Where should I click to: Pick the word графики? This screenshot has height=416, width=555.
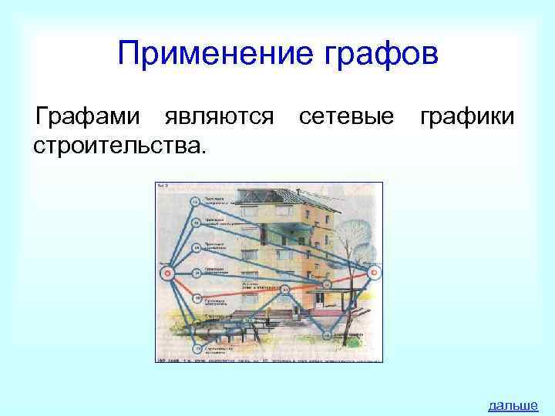(x=468, y=117)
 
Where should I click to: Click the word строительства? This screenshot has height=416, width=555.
(x=119, y=144)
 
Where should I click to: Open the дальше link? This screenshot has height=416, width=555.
(x=513, y=404)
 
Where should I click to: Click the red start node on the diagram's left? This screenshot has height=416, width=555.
(x=165, y=273)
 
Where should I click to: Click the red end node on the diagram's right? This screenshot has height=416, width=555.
(x=373, y=272)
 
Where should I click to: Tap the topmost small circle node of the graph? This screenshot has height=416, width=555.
(x=196, y=202)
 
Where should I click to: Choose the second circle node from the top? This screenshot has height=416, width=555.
(x=197, y=223)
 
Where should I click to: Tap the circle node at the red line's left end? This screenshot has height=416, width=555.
(x=197, y=297)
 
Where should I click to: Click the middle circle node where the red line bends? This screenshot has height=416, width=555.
(x=284, y=290)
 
